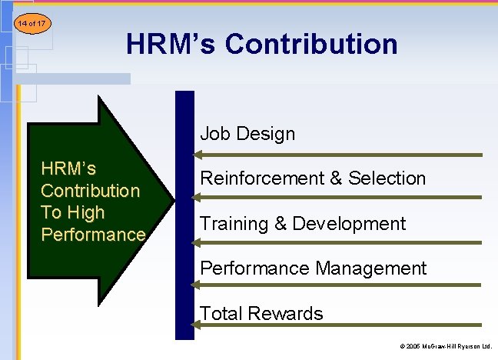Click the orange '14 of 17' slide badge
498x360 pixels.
click(31, 24)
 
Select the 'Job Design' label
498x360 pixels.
click(247, 134)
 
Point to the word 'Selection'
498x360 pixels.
click(387, 178)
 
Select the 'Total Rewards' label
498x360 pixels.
click(261, 313)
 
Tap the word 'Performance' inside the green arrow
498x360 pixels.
click(93, 235)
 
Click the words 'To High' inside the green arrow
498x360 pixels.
click(72, 212)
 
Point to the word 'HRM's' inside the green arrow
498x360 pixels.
click(68, 168)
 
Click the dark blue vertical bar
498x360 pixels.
click(185, 215)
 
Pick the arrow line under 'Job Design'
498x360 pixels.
click(338, 155)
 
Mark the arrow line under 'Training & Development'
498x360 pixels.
click(338, 242)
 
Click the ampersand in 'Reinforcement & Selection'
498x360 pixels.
click(336, 178)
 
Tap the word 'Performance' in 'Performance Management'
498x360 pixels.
click(246, 268)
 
